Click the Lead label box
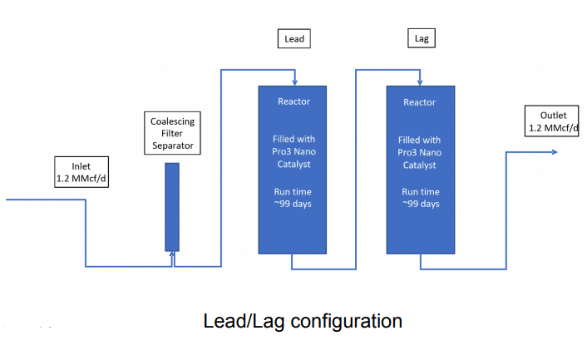(294, 38)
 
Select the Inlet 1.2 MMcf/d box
(81, 172)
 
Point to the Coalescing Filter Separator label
(172, 134)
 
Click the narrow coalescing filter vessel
(172, 206)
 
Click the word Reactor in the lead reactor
(293, 102)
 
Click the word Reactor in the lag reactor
(419, 102)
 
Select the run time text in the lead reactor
(293, 198)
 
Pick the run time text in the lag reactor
(419, 198)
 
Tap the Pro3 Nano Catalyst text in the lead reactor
(293, 152)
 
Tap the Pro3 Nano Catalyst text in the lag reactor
(419, 152)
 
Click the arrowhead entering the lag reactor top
(421, 81)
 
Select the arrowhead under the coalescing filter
(172, 254)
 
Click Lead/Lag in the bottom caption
(235, 321)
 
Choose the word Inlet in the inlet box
(81, 166)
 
